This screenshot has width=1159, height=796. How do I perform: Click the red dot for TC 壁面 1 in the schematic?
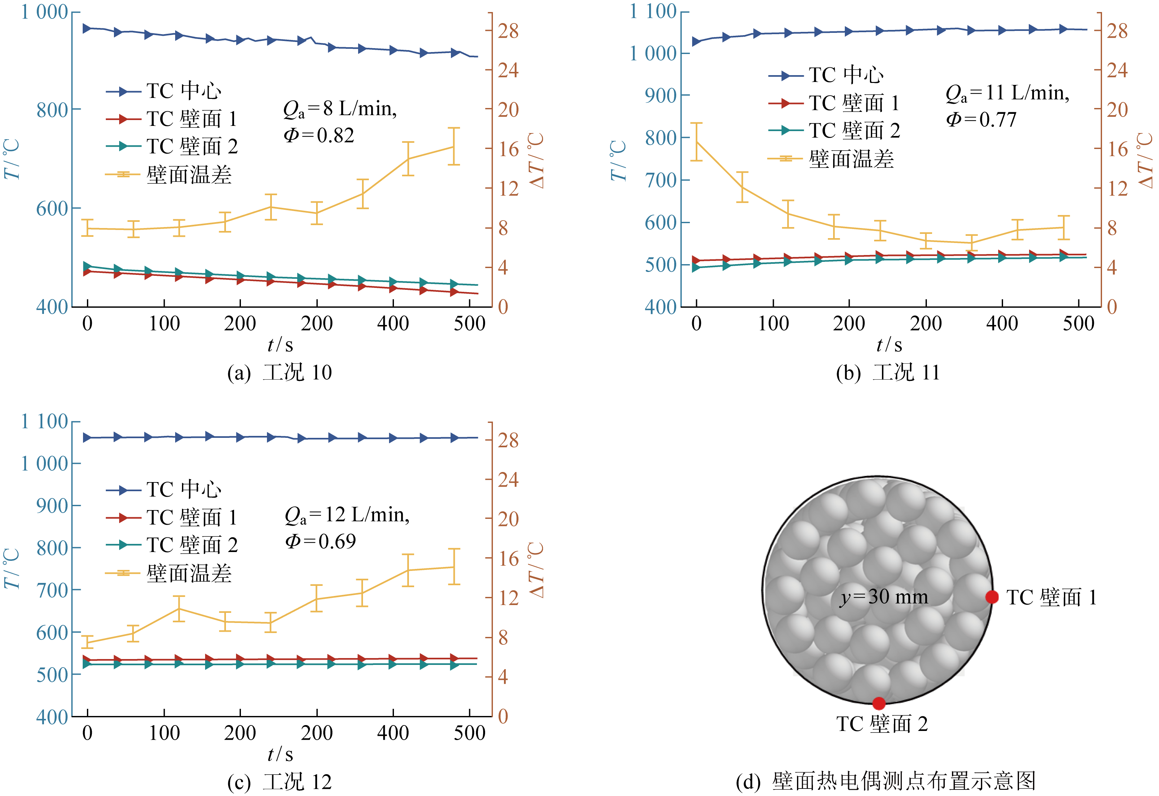[992, 597]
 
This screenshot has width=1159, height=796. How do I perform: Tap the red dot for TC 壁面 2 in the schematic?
[879, 703]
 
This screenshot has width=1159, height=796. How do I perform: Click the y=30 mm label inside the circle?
[884, 597]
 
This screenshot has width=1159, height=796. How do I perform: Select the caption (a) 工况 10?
[280, 372]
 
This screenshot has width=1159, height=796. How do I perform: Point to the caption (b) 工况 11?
[888, 372]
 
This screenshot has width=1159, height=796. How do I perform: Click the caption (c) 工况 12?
[280, 782]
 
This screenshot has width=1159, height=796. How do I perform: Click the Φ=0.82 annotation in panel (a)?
[319, 135]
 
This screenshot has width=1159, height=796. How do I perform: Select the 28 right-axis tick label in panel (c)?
[508, 440]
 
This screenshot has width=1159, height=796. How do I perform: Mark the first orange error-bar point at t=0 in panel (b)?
[696, 142]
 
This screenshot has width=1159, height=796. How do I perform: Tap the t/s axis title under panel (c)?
[280, 754]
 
